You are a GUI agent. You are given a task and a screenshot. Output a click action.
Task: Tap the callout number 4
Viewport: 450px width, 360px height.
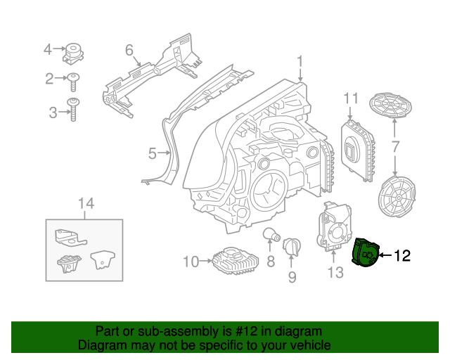click(x=48, y=49)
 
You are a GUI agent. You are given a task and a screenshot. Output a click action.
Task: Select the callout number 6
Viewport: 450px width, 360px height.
click(x=129, y=50)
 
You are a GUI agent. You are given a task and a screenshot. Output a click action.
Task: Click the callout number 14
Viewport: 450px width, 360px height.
click(x=85, y=204)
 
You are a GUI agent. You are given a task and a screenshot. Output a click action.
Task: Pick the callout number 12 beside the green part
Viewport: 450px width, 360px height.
click(x=401, y=256)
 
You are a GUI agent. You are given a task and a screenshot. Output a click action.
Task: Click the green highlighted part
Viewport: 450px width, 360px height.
click(x=365, y=253)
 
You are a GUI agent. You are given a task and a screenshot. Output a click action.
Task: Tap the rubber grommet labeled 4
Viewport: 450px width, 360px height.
click(x=73, y=51)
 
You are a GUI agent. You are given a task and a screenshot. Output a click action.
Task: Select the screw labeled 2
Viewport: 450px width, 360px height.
click(x=73, y=81)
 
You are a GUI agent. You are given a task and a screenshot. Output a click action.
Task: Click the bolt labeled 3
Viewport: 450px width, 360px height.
click(x=73, y=110)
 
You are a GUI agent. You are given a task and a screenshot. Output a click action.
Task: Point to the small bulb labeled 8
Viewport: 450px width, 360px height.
click(x=270, y=235)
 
